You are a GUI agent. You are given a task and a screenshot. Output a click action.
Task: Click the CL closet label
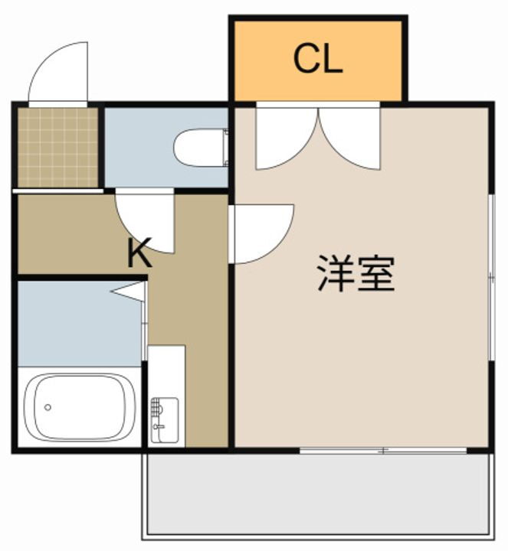tap(317, 60)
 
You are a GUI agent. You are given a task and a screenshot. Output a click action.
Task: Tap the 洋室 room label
tap(356, 275)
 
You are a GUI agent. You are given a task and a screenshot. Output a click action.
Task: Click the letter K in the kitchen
tap(139, 253)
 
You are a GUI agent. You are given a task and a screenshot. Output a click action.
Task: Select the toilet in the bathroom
tap(201, 148)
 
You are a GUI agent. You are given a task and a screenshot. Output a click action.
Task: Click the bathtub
tap(80, 408)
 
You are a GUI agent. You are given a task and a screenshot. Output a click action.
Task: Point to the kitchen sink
tap(164, 419)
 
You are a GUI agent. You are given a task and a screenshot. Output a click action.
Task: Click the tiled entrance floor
tap(57, 148)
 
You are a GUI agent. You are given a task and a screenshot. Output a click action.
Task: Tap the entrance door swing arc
tap(58, 73)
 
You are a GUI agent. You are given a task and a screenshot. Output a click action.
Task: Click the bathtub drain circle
tap(48, 407)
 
